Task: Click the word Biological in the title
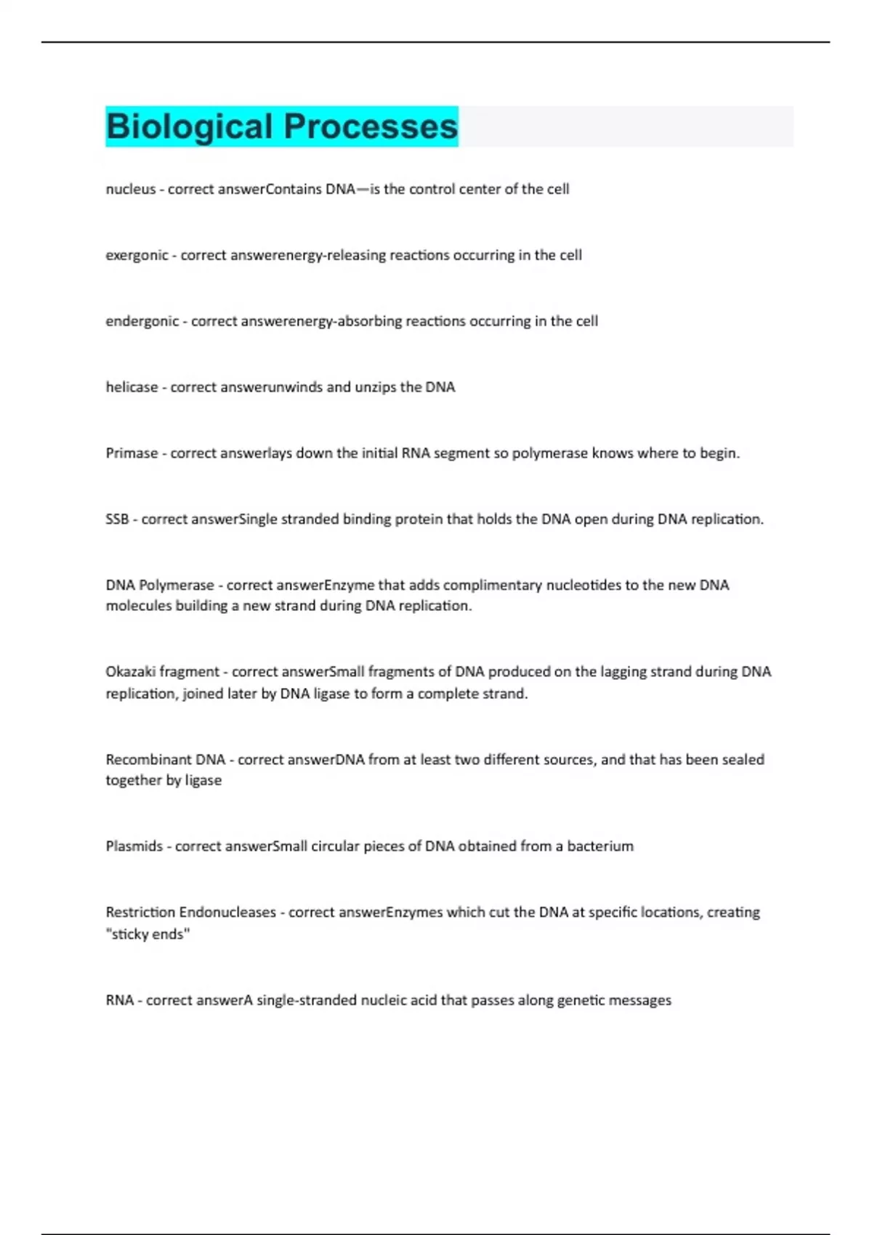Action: coord(189,126)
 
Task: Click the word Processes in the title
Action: coord(371,126)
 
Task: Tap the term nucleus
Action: coord(131,189)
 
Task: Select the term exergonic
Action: coord(137,255)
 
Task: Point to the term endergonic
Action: coord(142,321)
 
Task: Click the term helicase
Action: coord(132,387)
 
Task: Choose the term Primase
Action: coord(132,453)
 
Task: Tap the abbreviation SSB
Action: coord(117,519)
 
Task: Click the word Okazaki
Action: coord(130,672)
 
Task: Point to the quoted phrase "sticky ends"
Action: coord(148,934)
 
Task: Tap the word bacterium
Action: coord(600,846)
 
